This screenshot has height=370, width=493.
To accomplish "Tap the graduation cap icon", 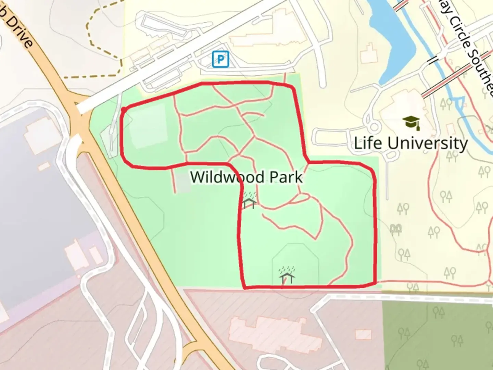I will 411,122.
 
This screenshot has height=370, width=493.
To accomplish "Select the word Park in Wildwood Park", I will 286,177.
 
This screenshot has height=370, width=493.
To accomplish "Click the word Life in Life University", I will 367,143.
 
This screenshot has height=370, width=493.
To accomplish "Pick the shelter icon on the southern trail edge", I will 287,275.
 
